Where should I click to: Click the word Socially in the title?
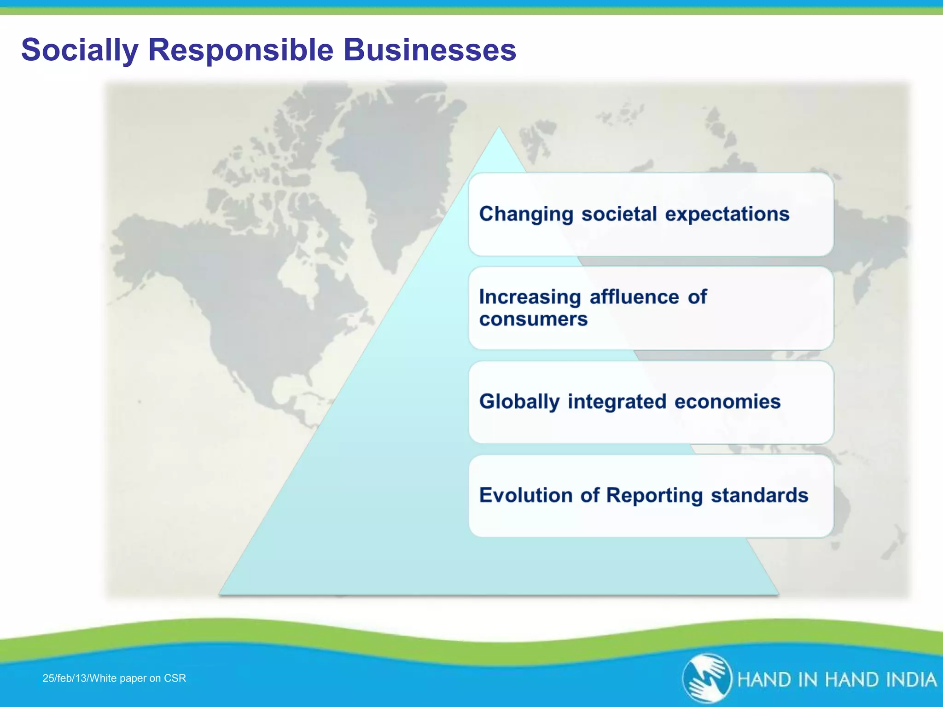click(80, 50)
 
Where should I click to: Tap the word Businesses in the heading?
click(430, 50)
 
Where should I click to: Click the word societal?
click(619, 214)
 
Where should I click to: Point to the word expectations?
click(727, 214)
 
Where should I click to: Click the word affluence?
click(634, 297)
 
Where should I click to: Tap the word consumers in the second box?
click(533, 319)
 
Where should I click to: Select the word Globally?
click(519, 402)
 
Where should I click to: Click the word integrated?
click(617, 402)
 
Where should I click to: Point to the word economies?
click(728, 402)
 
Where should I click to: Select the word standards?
click(759, 495)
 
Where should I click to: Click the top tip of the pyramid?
click(499, 129)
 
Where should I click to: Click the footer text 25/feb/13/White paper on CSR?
click(114, 678)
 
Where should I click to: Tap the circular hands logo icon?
click(707, 678)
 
